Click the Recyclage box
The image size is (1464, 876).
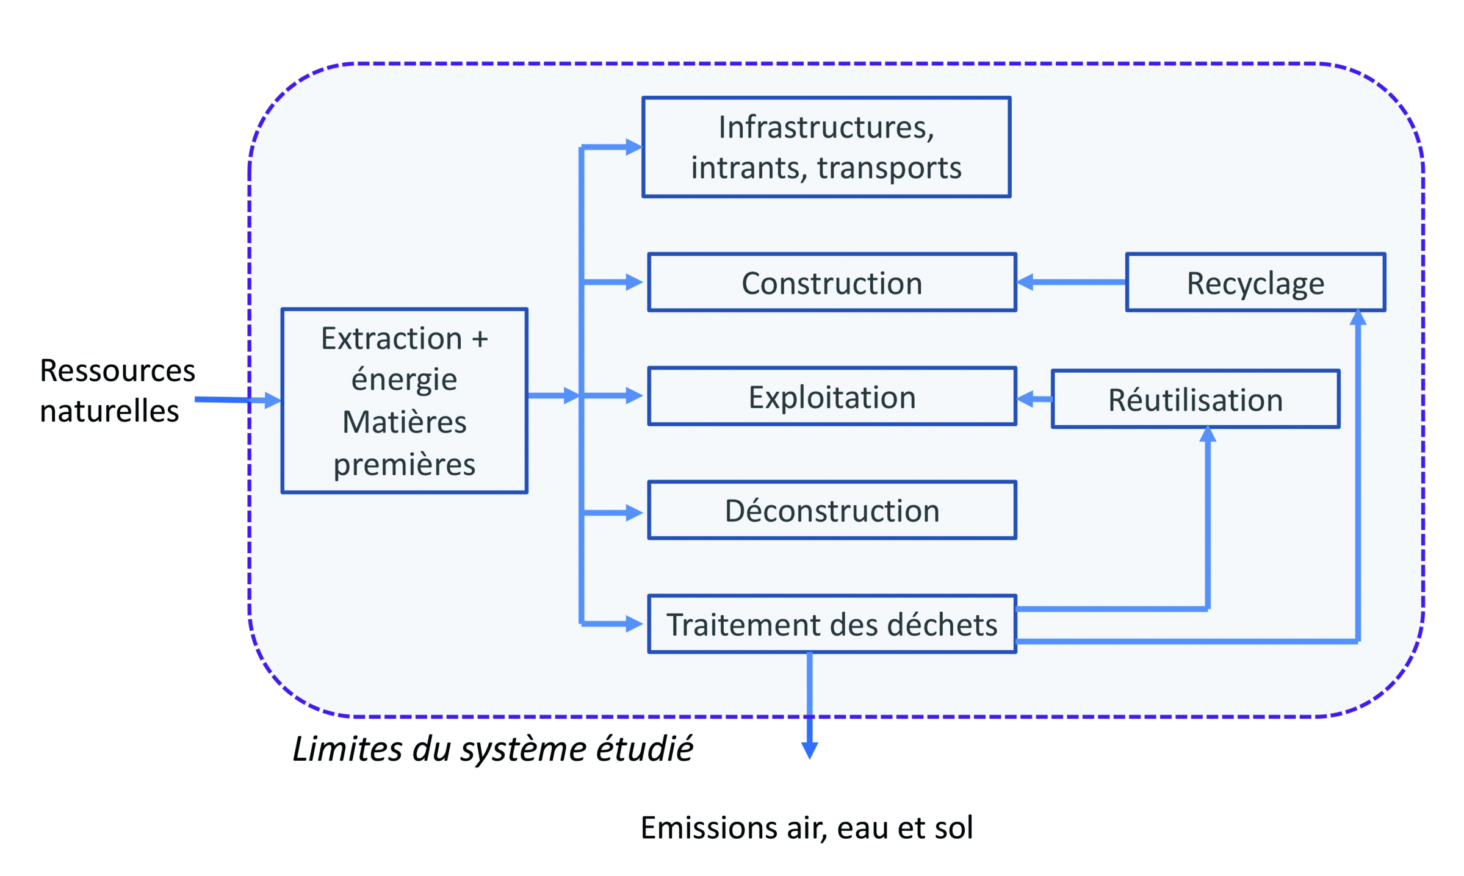click(x=1255, y=282)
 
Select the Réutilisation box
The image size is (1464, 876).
click(x=1195, y=399)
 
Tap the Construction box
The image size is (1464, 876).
click(x=831, y=282)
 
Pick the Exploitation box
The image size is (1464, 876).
click(x=831, y=396)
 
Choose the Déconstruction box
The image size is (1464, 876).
click(x=831, y=510)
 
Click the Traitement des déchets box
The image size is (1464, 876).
click(x=831, y=624)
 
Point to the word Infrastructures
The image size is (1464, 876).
click(x=826, y=127)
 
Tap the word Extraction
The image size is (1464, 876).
click(x=391, y=338)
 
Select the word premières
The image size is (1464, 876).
click(x=404, y=464)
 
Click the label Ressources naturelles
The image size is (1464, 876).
click(x=117, y=390)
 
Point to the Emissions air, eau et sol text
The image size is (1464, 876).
click(x=806, y=828)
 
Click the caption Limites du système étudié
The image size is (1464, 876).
click(x=492, y=749)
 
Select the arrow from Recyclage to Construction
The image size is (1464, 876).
click(x=1071, y=282)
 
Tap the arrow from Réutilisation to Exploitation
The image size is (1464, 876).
click(x=1034, y=399)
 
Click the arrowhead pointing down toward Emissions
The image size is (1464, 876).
click(x=809, y=750)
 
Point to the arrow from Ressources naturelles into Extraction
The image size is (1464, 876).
click(x=237, y=400)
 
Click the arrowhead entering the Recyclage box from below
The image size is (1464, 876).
click(x=1357, y=318)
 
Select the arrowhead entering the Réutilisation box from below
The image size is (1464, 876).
click(x=1207, y=434)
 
